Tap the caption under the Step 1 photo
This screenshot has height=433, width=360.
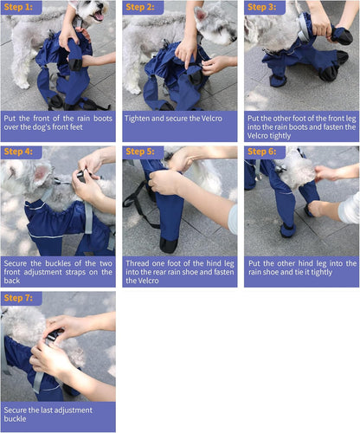pos(58,126)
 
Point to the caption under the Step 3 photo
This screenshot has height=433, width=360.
pos(300,126)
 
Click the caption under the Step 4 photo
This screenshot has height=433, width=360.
pos(58,272)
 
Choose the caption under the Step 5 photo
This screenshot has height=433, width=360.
pos(178,272)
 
